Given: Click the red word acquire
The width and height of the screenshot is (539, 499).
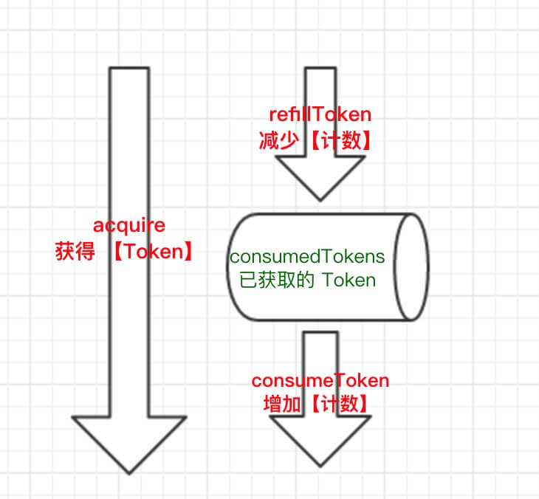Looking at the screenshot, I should coord(129,225).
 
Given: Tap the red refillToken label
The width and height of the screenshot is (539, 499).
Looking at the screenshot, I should coord(320,115).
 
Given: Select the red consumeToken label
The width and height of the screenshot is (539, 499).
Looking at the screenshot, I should coord(320,381).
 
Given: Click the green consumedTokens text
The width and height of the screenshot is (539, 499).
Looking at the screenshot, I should coord(307,257).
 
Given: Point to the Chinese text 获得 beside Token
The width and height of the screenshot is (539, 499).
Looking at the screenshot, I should coord(75,251).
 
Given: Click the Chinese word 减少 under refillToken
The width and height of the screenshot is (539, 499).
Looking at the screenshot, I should coord(278,140).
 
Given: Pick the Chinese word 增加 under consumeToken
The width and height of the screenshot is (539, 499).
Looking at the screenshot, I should coord(282,405).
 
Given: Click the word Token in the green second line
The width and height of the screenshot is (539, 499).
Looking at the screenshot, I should coord(348,281).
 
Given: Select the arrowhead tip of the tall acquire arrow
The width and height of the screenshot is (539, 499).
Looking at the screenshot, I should coord(129,472).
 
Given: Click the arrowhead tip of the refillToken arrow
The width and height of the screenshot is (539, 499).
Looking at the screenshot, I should coord(320,199).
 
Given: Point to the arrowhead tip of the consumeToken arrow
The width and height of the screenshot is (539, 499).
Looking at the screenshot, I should coord(320,466).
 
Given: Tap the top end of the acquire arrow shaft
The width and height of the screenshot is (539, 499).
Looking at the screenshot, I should coord(129,69).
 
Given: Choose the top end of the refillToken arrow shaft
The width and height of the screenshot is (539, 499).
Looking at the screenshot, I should coord(320,69).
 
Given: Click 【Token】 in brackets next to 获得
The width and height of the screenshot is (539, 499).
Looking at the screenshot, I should coord(153,251).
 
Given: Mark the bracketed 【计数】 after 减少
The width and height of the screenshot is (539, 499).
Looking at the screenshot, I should coord(337,140).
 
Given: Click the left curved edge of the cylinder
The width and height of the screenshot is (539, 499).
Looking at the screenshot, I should coord(228,267).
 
